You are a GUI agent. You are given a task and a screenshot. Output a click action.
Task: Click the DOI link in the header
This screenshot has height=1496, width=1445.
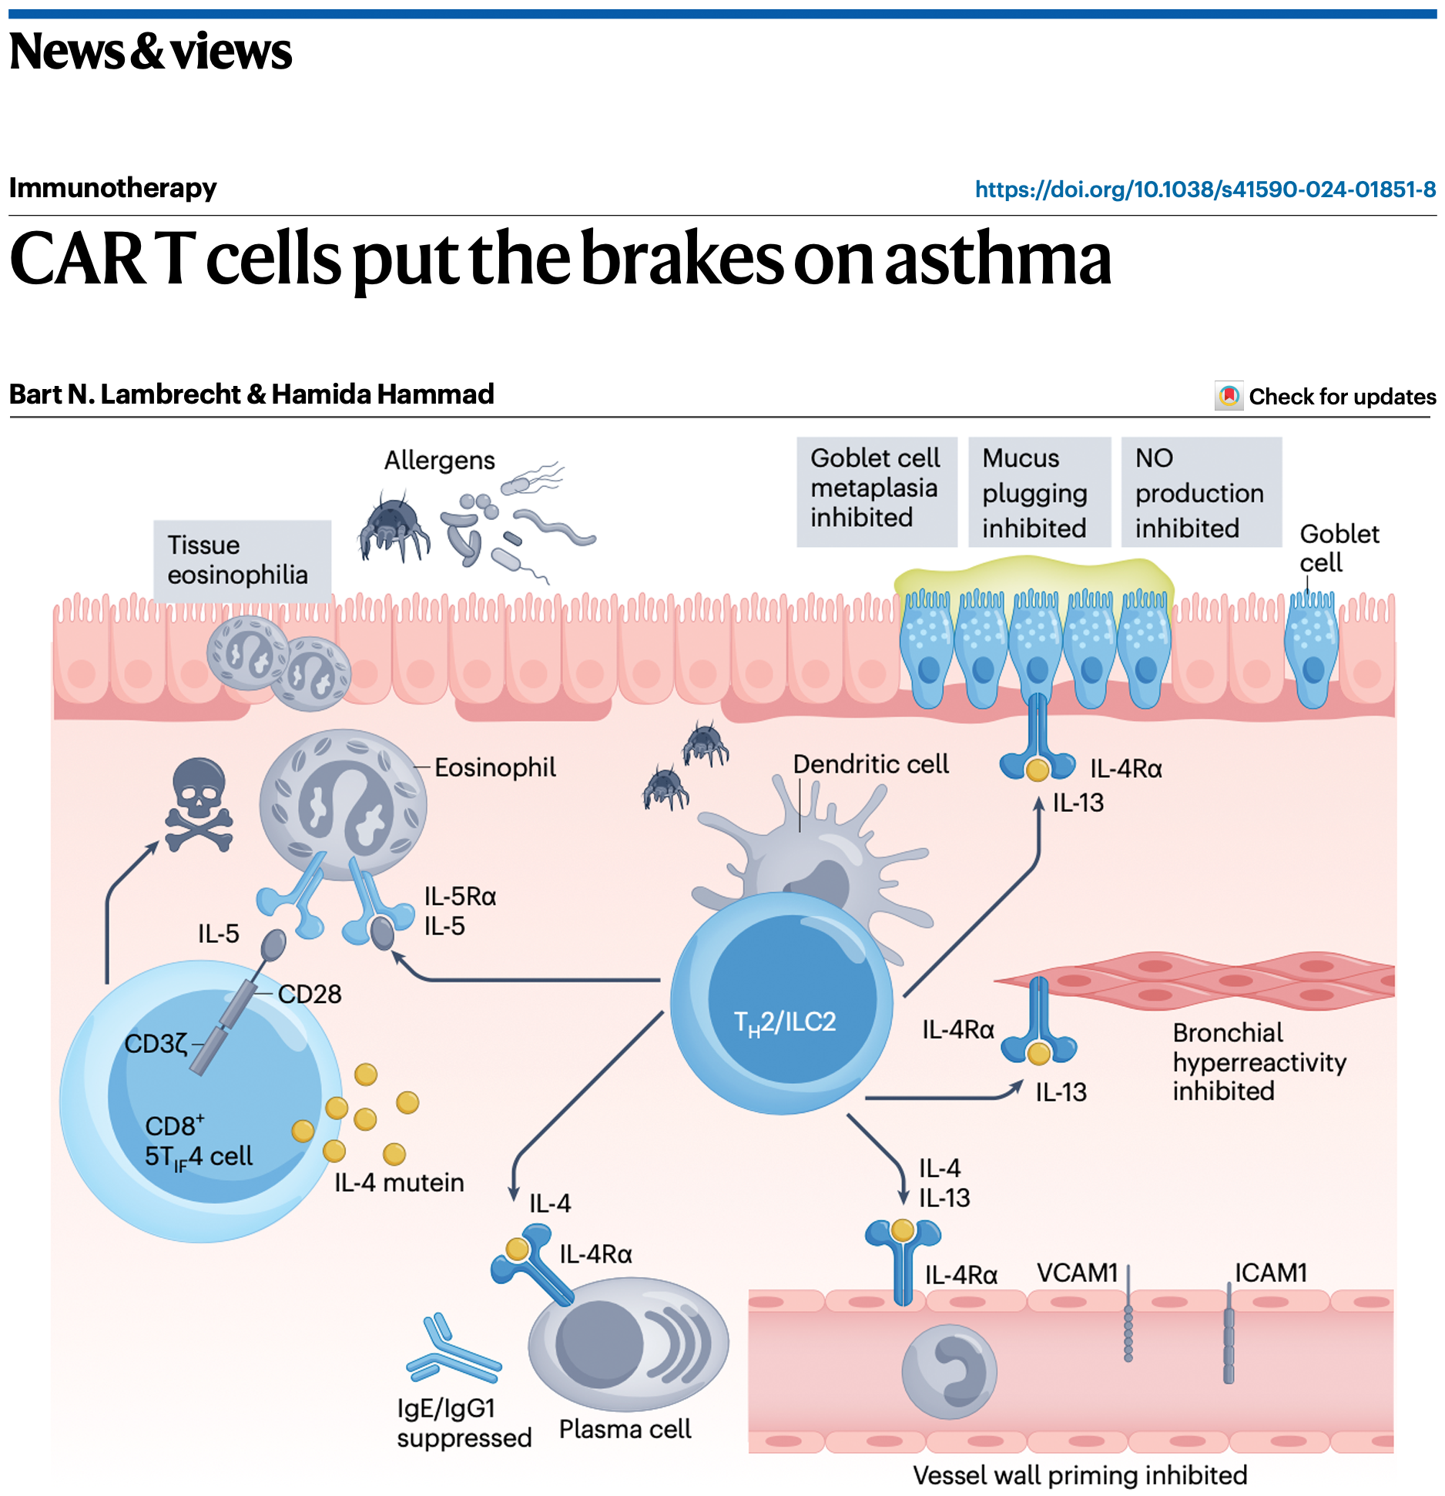pyautogui.click(x=1205, y=190)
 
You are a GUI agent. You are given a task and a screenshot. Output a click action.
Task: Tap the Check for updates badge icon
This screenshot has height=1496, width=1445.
pyautogui.click(x=1229, y=396)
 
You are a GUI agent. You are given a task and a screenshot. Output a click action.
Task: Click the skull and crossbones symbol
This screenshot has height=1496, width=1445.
pyautogui.click(x=199, y=805)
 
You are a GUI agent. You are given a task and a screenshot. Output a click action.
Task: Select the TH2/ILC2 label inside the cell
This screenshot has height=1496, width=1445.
pyautogui.click(x=785, y=1022)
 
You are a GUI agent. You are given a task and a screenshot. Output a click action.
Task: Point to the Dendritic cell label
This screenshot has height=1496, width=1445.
pyautogui.click(x=870, y=764)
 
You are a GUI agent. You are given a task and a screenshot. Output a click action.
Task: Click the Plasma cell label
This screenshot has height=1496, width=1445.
pyautogui.click(x=625, y=1429)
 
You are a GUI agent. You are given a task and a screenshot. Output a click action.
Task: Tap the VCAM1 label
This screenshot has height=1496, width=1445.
pyautogui.click(x=1077, y=1273)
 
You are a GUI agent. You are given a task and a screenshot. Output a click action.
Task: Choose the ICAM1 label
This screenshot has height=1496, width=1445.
pyautogui.click(x=1271, y=1273)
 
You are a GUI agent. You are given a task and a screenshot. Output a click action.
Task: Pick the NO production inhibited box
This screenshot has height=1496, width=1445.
pyautogui.click(x=1199, y=493)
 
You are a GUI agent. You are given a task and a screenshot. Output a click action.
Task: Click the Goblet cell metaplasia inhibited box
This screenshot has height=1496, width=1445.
pyautogui.click(x=876, y=488)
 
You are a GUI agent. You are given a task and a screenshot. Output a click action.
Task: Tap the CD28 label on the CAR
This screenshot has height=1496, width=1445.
pyautogui.click(x=310, y=995)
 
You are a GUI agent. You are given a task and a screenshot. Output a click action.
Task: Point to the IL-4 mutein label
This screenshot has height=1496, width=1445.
pyautogui.click(x=399, y=1182)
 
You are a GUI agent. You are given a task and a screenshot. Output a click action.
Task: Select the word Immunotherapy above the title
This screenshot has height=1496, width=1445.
pyautogui.click(x=112, y=188)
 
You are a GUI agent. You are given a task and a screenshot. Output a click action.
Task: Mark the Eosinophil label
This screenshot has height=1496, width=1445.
pyautogui.click(x=495, y=767)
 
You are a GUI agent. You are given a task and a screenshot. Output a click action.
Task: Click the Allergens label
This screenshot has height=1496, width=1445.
pyautogui.click(x=439, y=461)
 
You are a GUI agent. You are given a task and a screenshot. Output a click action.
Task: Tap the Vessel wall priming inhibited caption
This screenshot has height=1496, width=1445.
pyautogui.click(x=1079, y=1475)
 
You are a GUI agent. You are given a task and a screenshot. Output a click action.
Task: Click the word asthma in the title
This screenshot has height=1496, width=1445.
pyautogui.click(x=998, y=260)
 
